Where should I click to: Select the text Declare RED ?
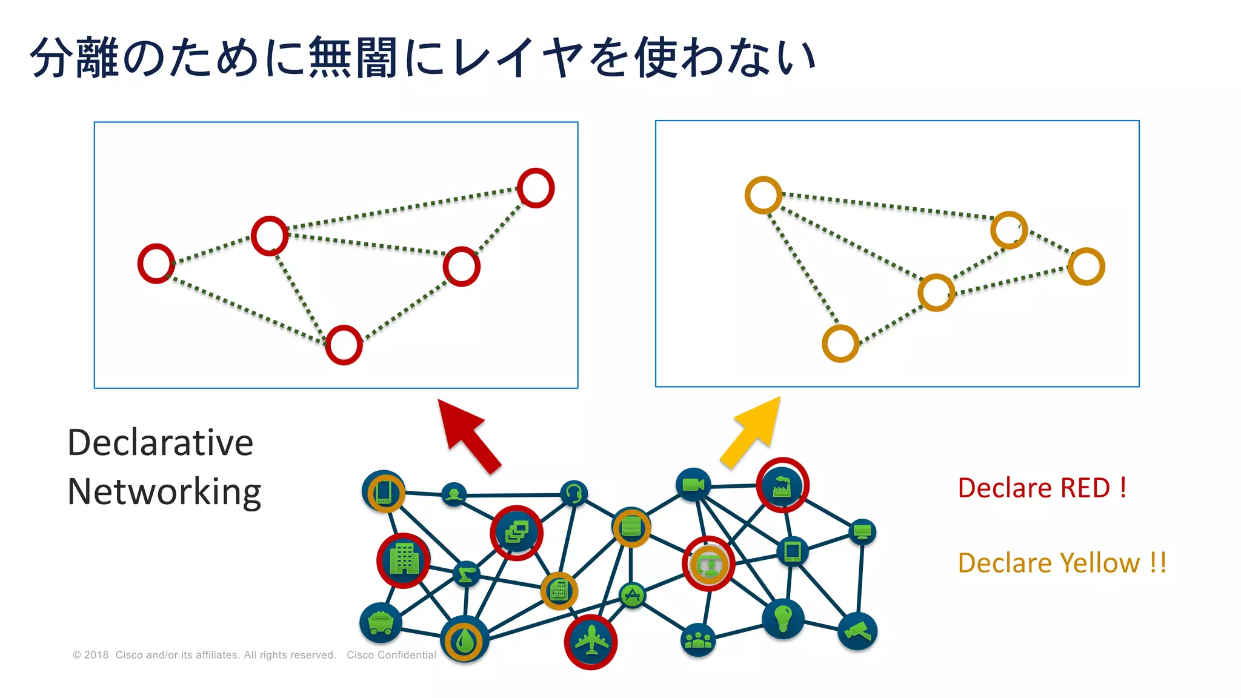coord(1042,488)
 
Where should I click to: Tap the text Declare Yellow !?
coord(1062,563)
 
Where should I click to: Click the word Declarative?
coord(161,442)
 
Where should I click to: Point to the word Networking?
coord(164,491)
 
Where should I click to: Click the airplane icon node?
coord(591,642)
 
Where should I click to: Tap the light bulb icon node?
coord(783,618)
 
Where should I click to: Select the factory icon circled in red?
coord(782,485)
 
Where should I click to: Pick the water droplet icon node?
coord(464,641)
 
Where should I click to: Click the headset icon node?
coord(573,493)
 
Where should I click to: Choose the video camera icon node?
coord(693,484)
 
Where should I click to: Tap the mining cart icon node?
coord(381,622)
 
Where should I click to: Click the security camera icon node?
coord(857,631)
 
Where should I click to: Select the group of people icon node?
coord(698,640)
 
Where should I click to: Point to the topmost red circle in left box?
coord(536,188)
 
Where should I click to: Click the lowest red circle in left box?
coord(344,345)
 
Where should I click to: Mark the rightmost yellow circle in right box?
coord(1086,266)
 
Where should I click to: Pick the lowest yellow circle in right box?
coord(840,344)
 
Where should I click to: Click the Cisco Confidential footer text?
coord(391,655)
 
